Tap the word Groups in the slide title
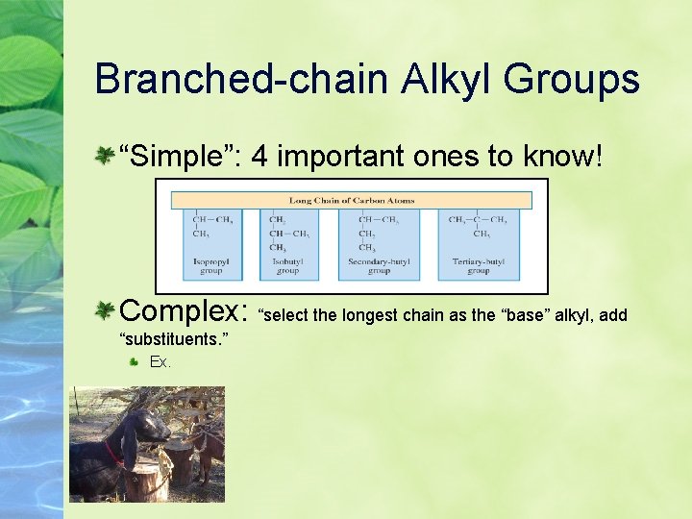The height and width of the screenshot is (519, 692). click(581, 79)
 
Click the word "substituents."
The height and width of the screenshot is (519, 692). click(173, 339)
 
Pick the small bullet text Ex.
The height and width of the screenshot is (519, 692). click(161, 362)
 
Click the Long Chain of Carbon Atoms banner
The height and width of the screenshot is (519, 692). click(351, 201)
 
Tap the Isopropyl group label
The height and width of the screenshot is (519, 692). click(211, 265)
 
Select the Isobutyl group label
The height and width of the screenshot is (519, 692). click(288, 265)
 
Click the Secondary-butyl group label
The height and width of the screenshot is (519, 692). click(379, 265)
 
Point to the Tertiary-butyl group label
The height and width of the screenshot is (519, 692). click(478, 265)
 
